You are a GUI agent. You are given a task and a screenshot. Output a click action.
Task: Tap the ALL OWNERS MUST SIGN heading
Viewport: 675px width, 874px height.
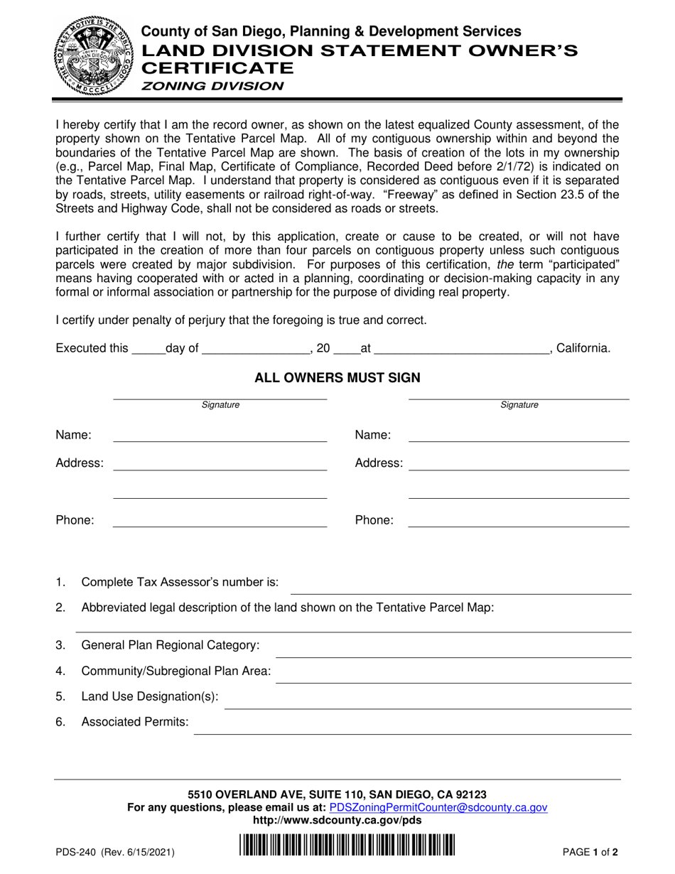point(337,378)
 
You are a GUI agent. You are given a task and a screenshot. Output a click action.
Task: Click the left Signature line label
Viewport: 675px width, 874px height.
point(220,405)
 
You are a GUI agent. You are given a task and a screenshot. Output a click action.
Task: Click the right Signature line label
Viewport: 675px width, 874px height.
point(519,405)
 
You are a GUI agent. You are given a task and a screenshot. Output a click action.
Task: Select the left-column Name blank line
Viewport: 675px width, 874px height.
point(220,441)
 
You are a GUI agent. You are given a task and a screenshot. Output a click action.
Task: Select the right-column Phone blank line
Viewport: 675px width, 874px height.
point(519,525)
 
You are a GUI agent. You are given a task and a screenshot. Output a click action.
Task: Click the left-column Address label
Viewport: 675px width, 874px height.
point(80,463)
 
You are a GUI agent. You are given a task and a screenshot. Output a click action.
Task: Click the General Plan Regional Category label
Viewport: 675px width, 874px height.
point(171,645)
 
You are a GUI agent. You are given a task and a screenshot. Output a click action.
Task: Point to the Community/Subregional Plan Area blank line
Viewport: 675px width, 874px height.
point(453,681)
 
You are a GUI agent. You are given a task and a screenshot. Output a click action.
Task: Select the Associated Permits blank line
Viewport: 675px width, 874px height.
point(412,733)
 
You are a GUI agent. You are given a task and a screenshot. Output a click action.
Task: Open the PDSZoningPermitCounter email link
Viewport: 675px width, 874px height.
point(438,807)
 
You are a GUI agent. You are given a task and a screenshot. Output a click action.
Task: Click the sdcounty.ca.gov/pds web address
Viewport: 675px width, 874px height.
point(337,820)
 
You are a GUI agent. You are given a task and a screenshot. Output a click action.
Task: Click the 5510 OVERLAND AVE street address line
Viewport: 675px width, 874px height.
point(337,794)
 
